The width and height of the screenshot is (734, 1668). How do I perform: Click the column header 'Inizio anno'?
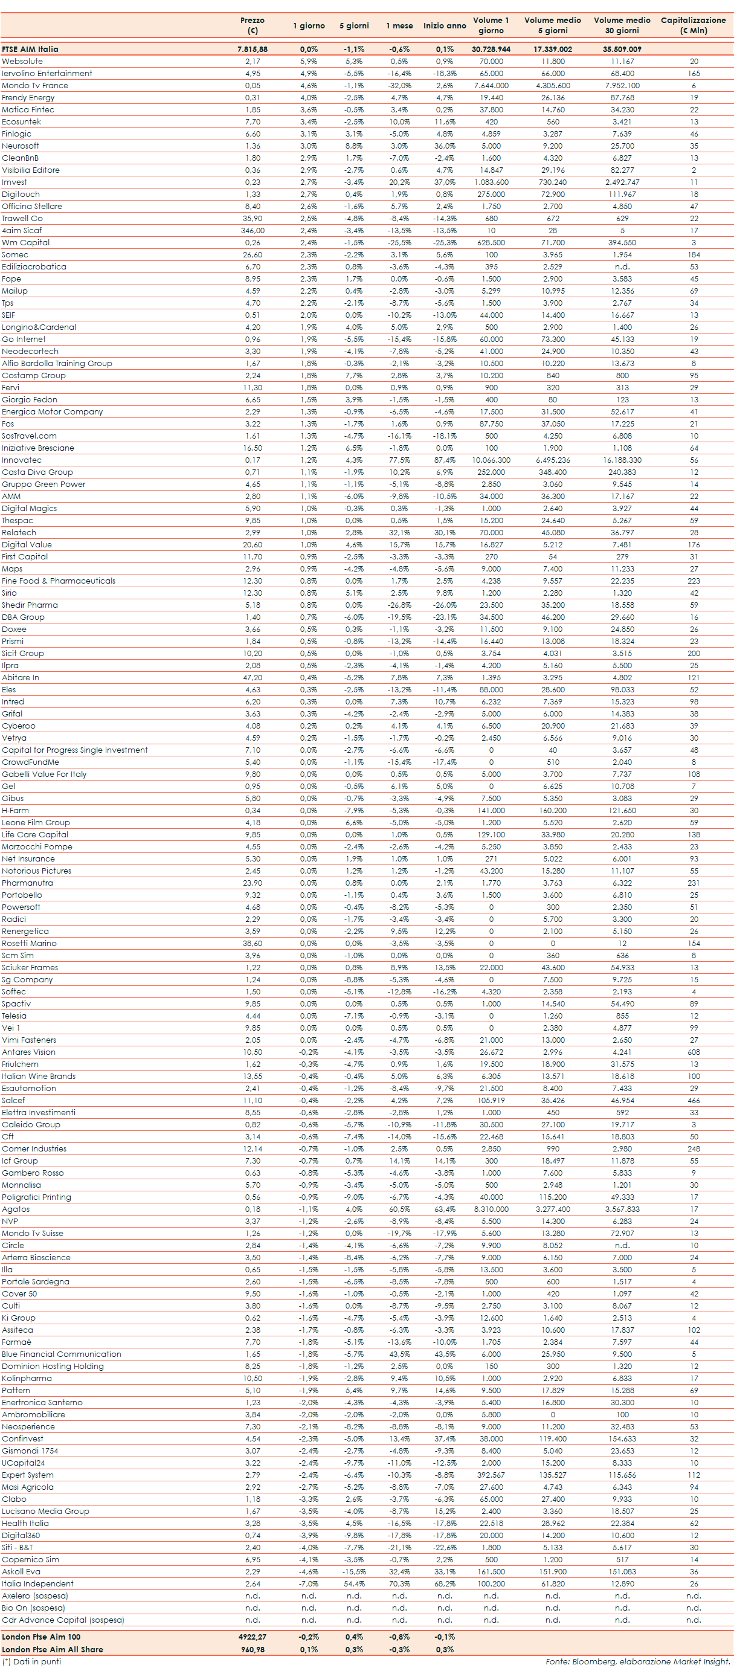click(444, 26)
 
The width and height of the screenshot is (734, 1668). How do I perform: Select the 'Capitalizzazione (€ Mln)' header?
click(692, 25)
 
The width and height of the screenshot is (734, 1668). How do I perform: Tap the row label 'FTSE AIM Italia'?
click(30, 49)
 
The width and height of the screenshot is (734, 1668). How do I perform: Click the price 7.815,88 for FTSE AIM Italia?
click(252, 49)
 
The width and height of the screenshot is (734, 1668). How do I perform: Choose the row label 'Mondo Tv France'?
click(34, 85)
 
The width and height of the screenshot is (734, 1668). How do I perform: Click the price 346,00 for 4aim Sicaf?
click(252, 231)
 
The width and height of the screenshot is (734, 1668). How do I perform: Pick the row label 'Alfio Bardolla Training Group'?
click(56, 363)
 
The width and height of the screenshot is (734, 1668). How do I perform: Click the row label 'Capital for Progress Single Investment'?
click(74, 750)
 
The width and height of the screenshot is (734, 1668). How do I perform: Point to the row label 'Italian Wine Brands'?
click(38, 1076)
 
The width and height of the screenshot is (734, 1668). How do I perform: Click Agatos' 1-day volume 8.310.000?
click(491, 1209)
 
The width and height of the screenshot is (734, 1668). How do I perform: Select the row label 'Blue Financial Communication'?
click(61, 1354)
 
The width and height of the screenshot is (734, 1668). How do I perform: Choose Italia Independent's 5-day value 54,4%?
click(353, 1584)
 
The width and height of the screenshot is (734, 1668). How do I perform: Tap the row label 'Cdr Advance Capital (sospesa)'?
click(62, 1620)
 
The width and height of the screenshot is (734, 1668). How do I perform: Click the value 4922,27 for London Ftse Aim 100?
click(252, 1637)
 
